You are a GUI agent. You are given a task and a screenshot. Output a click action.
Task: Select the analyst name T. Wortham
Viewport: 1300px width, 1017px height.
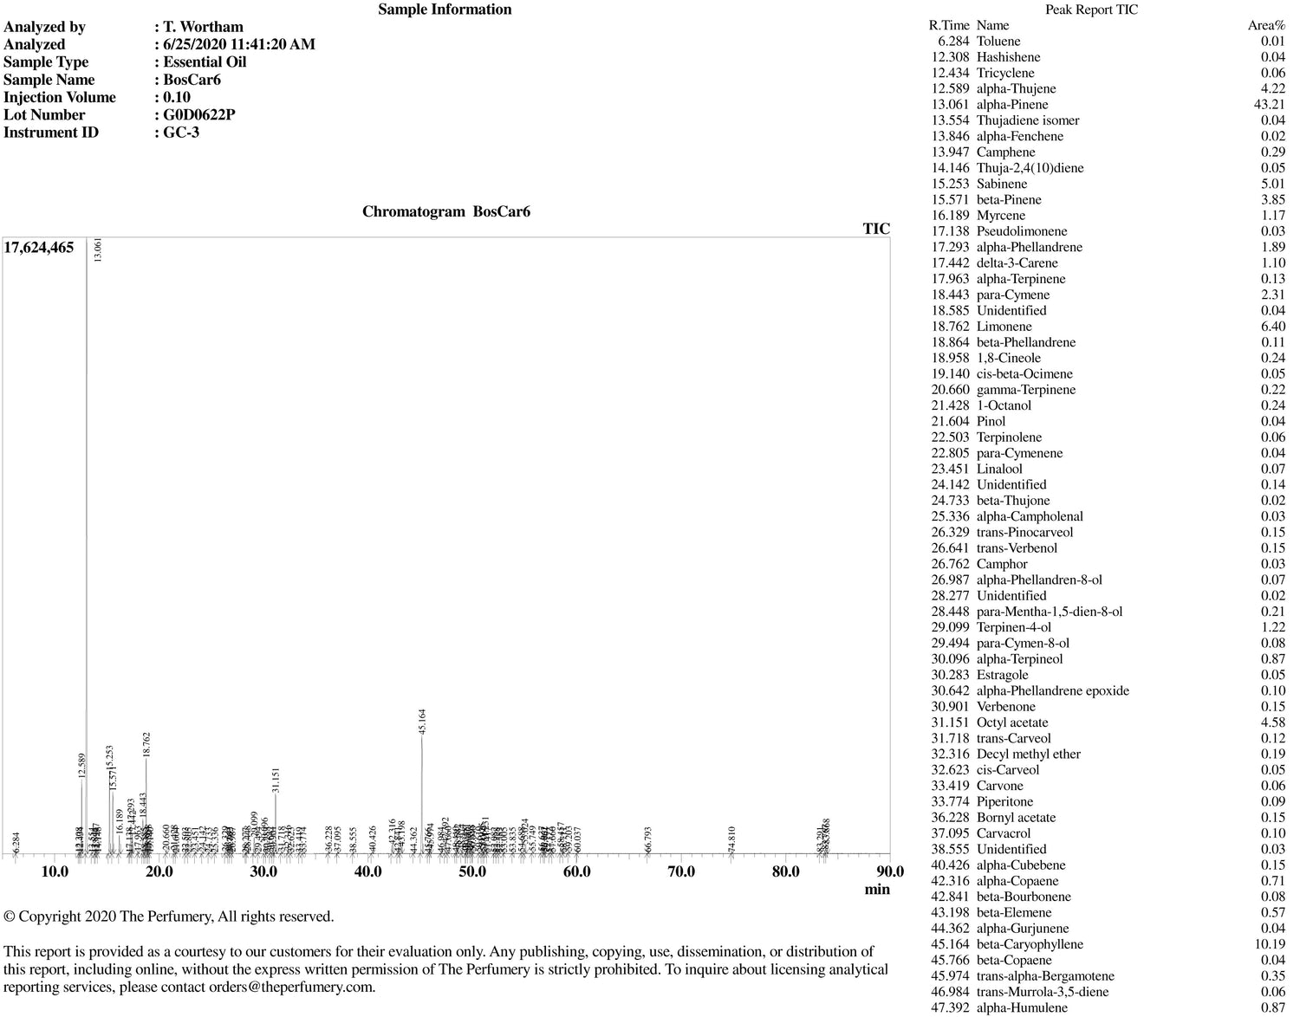(203, 27)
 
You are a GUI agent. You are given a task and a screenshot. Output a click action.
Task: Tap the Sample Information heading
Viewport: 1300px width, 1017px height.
(445, 10)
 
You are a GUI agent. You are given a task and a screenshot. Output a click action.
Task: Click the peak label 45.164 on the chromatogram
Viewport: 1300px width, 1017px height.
(422, 722)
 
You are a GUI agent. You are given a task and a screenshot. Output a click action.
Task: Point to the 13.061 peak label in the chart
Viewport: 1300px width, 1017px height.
(98, 250)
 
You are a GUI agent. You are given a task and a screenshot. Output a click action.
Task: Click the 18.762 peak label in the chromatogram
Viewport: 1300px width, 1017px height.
(146, 745)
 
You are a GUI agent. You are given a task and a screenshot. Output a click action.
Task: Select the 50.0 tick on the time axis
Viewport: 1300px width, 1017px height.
(472, 871)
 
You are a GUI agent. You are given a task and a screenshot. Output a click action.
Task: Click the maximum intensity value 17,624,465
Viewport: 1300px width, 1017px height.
(39, 248)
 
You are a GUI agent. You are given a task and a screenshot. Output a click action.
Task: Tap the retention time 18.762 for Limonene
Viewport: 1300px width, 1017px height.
(950, 327)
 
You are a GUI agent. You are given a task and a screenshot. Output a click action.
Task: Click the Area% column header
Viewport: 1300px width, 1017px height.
(1266, 26)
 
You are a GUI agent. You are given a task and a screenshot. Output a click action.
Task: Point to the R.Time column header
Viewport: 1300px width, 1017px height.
(948, 26)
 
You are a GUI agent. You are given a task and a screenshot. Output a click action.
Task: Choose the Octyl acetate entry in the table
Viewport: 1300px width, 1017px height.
(1011, 722)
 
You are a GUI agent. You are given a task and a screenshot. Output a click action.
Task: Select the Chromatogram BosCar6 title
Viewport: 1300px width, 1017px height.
(445, 212)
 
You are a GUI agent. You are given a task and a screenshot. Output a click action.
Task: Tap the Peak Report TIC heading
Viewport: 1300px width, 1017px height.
(1091, 10)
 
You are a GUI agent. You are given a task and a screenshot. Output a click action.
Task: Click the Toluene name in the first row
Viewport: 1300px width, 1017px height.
(998, 42)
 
